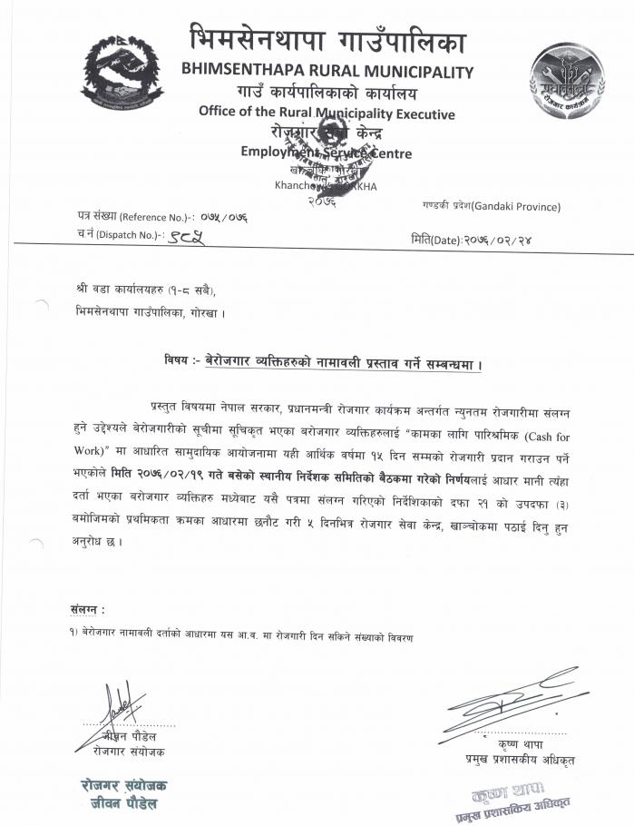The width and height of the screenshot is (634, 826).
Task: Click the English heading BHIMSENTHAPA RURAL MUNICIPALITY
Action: click(x=327, y=71)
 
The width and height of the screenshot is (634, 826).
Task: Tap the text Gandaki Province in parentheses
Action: click(x=515, y=207)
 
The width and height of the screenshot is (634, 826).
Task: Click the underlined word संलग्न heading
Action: click(x=87, y=610)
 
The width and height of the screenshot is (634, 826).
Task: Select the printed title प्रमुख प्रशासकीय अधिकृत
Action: click(x=518, y=759)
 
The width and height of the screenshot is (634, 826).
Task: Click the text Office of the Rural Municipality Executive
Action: click(x=327, y=113)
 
